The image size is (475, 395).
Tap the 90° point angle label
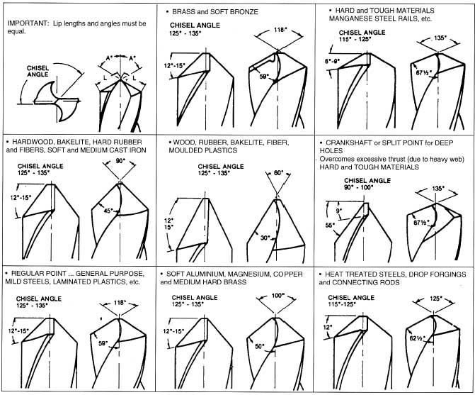pos(120,161)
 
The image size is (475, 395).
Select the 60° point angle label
pos(278,172)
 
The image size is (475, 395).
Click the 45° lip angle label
pos(108,211)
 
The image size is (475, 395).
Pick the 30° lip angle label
pos(265,238)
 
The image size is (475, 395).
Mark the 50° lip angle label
pos(260,346)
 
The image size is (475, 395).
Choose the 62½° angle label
pos(418,338)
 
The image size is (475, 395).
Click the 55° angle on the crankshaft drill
pos(330,225)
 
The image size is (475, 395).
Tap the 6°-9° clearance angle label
pos(333,61)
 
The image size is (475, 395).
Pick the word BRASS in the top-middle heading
pos(183,12)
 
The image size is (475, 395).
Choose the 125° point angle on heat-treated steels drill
pos(435,299)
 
